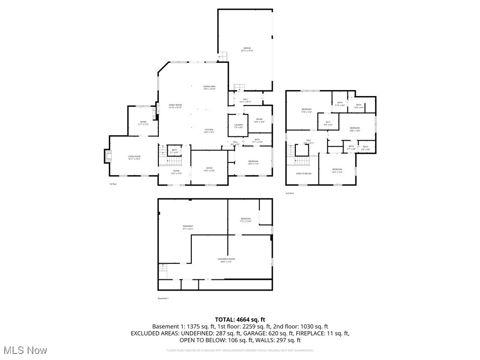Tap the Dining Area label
point(210,87)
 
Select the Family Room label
point(175,106)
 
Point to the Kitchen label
point(209,131)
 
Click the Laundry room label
point(238,126)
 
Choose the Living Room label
point(134,157)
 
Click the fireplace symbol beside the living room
point(108,156)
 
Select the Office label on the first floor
point(210,169)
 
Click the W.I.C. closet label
point(329,123)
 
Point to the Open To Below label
point(303,173)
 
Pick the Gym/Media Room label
point(226,260)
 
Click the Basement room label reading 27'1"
point(188,227)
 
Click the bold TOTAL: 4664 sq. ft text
point(240,319)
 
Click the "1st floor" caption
point(113,184)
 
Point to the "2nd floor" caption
point(290,193)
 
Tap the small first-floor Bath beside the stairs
point(174,151)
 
